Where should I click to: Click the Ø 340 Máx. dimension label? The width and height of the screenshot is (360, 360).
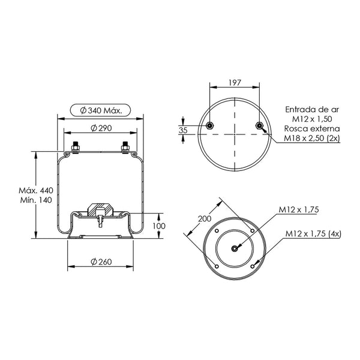(x=101, y=110)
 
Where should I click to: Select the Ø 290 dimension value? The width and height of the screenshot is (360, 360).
(x=101, y=128)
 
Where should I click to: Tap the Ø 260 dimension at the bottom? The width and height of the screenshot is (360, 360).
(x=101, y=262)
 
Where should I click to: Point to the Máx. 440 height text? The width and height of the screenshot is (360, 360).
(x=36, y=190)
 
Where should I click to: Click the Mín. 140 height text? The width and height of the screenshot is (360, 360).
(x=36, y=200)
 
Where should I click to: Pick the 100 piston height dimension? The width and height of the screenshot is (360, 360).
(x=159, y=226)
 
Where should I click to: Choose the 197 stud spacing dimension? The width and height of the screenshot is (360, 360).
(x=235, y=82)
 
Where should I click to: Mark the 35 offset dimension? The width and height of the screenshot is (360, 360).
(x=183, y=130)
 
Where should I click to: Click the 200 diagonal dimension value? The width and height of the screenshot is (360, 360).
(x=205, y=218)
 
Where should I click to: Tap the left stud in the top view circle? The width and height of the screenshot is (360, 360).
(x=210, y=125)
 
